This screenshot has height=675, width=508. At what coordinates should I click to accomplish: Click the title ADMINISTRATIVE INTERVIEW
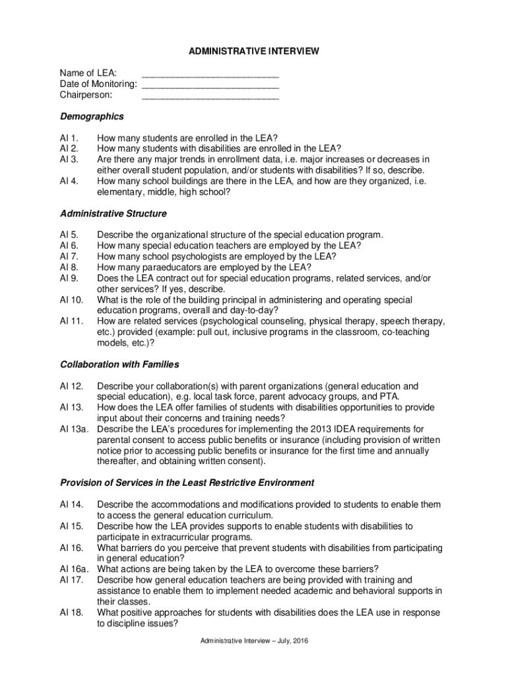[254, 50]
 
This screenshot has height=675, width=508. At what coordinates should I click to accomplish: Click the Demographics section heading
[92, 117]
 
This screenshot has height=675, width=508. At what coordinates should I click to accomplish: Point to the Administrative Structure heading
[113, 214]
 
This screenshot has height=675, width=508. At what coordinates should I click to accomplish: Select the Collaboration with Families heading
[119, 365]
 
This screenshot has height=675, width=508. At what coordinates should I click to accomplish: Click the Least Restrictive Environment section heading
[187, 483]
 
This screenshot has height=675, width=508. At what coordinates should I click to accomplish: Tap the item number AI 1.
[69, 138]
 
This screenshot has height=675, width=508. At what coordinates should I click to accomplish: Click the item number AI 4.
[69, 181]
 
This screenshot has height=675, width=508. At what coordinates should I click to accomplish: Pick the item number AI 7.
[69, 256]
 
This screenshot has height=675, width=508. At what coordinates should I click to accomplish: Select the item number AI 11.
[71, 321]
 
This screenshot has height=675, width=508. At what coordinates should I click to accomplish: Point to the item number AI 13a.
[74, 429]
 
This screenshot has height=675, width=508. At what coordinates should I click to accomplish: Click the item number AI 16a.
[74, 569]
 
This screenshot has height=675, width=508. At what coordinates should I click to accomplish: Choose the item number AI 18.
[71, 612]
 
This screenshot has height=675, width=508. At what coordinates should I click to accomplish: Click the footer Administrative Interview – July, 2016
[254, 641]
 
